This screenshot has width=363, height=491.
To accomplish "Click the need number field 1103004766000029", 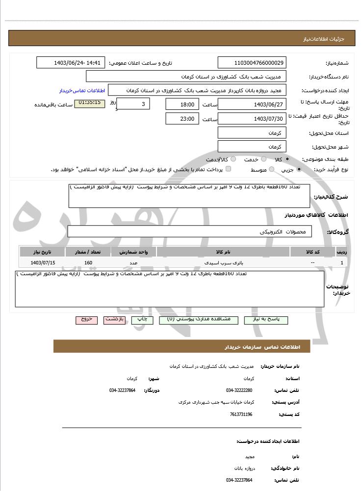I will [252, 63].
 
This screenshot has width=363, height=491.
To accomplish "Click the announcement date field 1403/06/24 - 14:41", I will [71, 63].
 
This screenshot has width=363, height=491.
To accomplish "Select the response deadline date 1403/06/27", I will [252, 104].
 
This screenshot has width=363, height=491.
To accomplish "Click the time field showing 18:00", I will [182, 104].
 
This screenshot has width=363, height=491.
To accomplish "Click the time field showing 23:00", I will [182, 119].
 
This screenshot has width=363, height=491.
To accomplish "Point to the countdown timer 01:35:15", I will [89, 103].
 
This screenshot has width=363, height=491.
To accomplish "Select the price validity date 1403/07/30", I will [252, 119].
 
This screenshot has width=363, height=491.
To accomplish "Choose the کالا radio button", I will [287, 159].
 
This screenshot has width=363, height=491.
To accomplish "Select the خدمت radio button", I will [263, 159].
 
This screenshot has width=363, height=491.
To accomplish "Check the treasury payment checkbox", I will [228, 169].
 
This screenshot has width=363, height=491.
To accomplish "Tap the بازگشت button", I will [114, 319].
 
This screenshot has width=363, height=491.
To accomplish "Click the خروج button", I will [86, 319].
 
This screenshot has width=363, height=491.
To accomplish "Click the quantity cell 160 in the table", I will [88, 263].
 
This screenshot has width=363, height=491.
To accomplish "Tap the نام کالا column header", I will [223, 252].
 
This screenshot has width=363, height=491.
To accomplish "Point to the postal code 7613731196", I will [240, 414].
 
